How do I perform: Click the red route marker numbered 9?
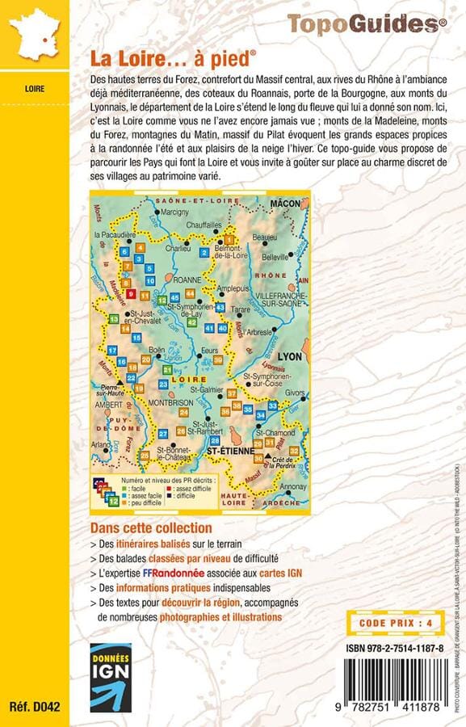pyautogui.click(x=131, y=293)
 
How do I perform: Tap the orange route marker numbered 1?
pyautogui.click(x=229, y=240)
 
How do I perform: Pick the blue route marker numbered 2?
pyautogui.click(x=204, y=253)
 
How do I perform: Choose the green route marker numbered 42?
pyautogui.click(x=191, y=322)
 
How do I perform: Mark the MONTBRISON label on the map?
pyautogui.click(x=170, y=401)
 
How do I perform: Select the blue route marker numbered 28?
pyautogui.click(x=214, y=440)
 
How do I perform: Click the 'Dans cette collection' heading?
pyautogui.click(x=145, y=527)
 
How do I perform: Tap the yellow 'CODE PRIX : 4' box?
pyautogui.click(x=395, y=599)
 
